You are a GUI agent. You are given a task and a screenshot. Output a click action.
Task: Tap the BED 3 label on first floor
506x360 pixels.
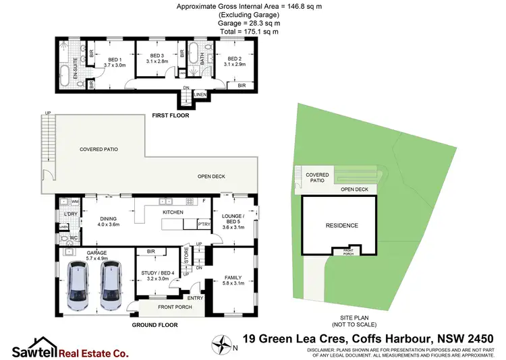(157, 55)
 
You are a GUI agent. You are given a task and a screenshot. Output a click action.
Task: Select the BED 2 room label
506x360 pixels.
(234, 59)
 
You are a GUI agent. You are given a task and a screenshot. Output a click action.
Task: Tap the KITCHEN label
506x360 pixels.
(174, 212)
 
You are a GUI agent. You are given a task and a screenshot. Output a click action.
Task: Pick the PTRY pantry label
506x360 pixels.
(203, 224)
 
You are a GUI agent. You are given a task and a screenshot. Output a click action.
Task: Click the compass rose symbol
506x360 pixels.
(221, 344)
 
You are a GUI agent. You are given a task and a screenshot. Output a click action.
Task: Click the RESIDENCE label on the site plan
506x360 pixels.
(341, 225)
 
